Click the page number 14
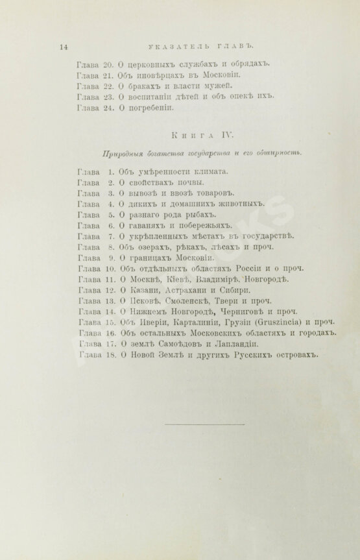pyautogui.click(x=63, y=46)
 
